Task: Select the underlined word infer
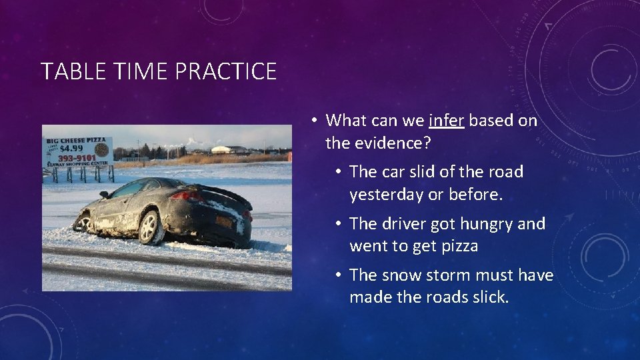pos(447,121)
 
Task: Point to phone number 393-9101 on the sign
pos(77,159)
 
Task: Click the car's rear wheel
pos(151,227)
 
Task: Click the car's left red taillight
pos(188,197)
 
